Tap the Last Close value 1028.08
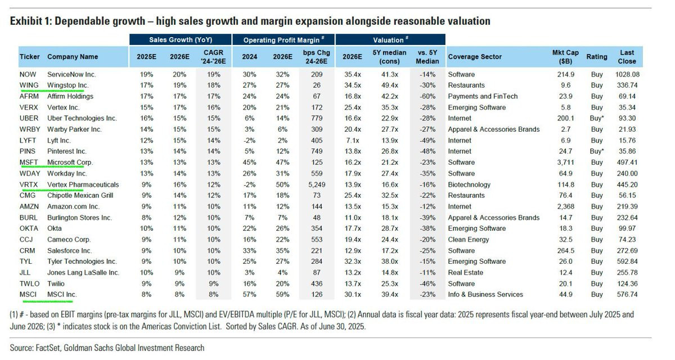point(627,74)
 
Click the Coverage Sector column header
point(474,57)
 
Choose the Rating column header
point(597,57)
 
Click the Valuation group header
point(388,40)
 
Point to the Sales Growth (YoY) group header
point(181,40)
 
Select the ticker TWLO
point(29,283)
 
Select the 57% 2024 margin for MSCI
point(250,295)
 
